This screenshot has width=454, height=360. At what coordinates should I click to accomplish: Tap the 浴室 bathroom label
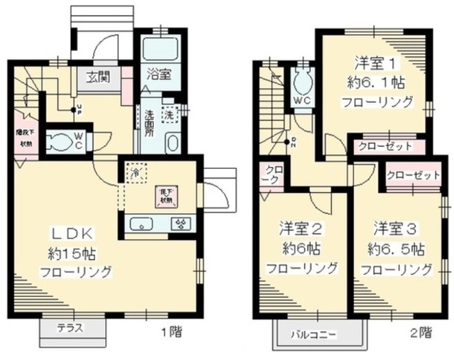[x=158, y=74]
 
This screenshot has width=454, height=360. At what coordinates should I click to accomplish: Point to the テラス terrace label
[x=70, y=328]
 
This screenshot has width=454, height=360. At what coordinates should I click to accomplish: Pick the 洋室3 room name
[x=395, y=229]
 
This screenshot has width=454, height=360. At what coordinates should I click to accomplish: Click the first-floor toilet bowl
[x=60, y=139]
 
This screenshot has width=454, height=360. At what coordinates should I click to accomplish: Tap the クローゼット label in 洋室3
[x=413, y=175]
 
